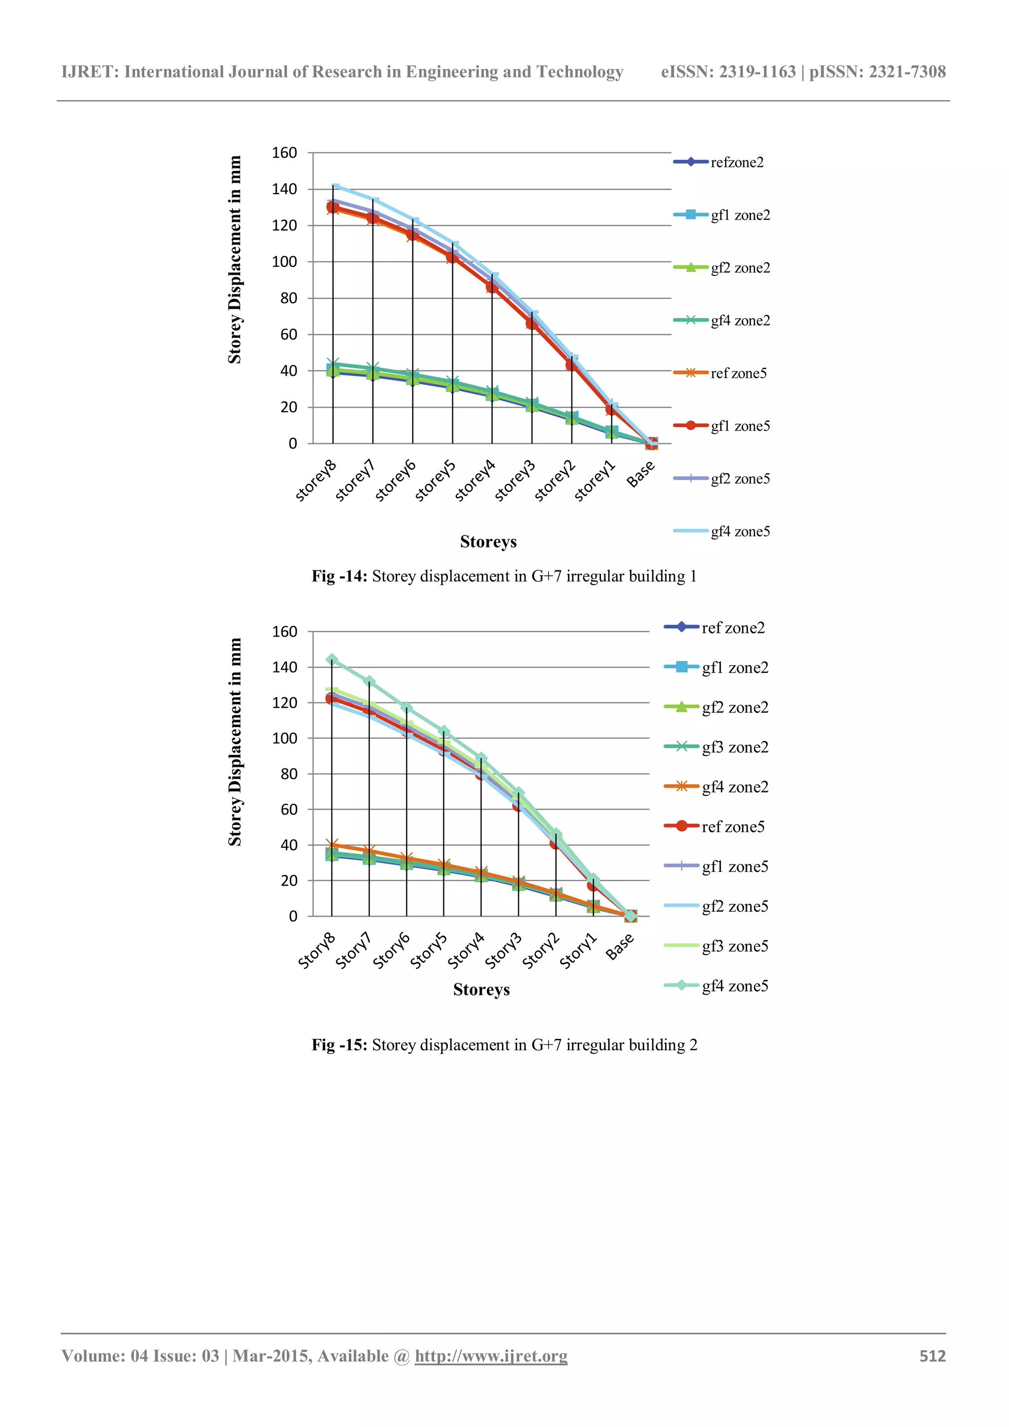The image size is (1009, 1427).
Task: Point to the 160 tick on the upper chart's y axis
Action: click(x=284, y=153)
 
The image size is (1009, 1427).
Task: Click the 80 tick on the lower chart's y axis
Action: click(x=289, y=774)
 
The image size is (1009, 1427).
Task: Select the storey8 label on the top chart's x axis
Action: click(x=316, y=480)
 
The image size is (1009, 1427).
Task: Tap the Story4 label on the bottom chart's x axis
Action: click(x=466, y=951)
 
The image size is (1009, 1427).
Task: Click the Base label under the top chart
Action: click(x=641, y=474)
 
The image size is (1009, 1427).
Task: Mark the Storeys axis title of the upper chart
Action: click(x=488, y=542)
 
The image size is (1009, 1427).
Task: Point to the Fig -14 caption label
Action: click(x=339, y=576)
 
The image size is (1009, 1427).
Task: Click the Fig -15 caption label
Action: click(x=339, y=1045)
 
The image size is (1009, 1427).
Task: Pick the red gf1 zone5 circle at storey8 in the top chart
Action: click(x=333, y=207)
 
